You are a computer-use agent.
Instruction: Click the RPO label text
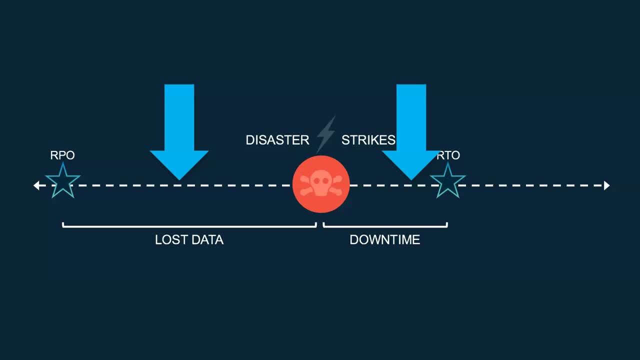pyautogui.click(x=62, y=155)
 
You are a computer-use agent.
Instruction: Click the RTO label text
pyautogui.click(x=448, y=155)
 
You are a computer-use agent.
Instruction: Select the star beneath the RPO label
pyautogui.click(x=62, y=180)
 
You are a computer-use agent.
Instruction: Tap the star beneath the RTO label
pyautogui.click(x=447, y=180)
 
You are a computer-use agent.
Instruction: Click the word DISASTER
pyautogui.click(x=277, y=140)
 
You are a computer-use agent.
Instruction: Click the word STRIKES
pyautogui.click(x=368, y=140)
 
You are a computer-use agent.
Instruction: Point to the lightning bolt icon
pyautogui.click(x=325, y=134)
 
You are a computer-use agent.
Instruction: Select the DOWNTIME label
pyautogui.click(x=384, y=240)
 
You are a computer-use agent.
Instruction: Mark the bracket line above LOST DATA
pyautogui.click(x=189, y=226)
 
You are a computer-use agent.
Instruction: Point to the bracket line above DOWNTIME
pyautogui.click(x=385, y=226)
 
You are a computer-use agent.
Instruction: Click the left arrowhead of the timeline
pyautogui.click(x=36, y=185)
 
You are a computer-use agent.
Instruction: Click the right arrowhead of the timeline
pyautogui.click(x=606, y=185)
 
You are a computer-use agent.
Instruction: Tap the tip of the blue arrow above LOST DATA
pyautogui.click(x=179, y=178)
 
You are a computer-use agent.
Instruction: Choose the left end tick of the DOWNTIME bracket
pyautogui.click(x=324, y=224)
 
